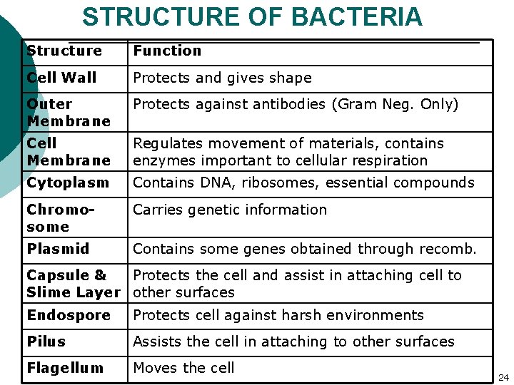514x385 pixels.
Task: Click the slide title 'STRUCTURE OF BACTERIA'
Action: point(252,16)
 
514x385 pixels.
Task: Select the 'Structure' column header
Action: point(64,51)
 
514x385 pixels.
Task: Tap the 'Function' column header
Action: point(167,51)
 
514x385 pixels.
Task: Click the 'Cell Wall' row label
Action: point(61,77)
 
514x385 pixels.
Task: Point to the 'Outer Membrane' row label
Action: point(68,113)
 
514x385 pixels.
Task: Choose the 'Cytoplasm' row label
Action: point(68,183)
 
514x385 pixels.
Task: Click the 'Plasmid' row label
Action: point(58,249)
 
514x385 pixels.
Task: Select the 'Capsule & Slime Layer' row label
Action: point(73,284)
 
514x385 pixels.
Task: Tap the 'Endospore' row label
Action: point(69,315)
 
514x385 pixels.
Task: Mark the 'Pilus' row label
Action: point(46,342)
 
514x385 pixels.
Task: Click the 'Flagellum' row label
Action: point(65,368)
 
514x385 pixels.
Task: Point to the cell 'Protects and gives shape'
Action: point(222,78)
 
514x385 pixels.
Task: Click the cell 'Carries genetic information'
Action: point(230,210)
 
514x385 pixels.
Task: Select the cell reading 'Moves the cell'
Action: point(183,368)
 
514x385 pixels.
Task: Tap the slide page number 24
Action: point(503,376)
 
